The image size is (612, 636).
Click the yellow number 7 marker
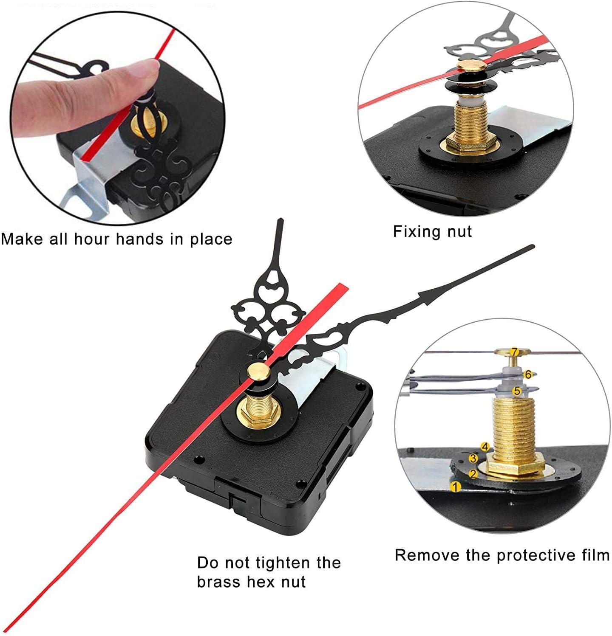515,352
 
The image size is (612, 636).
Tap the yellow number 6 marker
528,374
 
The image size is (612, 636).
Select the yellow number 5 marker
517,391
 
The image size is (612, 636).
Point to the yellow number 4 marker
485,446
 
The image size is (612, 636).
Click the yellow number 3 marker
473,458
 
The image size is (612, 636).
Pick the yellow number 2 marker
472,474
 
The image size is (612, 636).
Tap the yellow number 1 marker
455,487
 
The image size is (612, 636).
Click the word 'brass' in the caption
218,582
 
